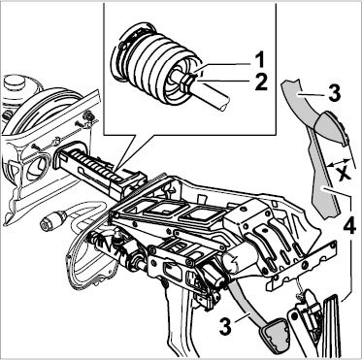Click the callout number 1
click(x=259, y=60)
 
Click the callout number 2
click(x=261, y=82)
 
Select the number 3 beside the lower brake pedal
click(x=225, y=327)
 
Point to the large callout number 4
click(x=349, y=227)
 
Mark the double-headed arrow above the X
click(x=338, y=163)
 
